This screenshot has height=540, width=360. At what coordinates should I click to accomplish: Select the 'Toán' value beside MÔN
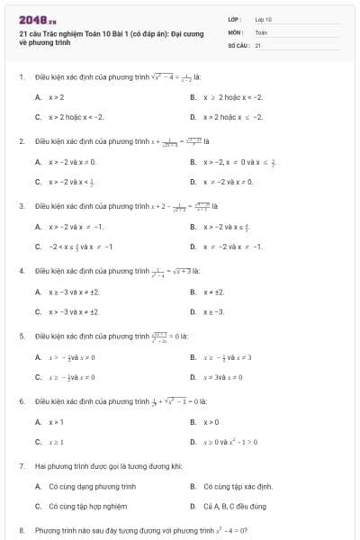point(261,31)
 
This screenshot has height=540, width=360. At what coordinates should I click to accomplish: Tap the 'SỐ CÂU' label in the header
point(238,44)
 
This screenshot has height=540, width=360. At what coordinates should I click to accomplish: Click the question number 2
point(21,141)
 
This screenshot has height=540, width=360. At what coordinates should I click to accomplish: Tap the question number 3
point(21,206)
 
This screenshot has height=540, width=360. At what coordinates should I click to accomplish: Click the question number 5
point(21,336)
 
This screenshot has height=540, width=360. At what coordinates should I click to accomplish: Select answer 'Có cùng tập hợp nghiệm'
point(88,506)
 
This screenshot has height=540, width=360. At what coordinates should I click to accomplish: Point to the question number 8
point(21,531)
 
